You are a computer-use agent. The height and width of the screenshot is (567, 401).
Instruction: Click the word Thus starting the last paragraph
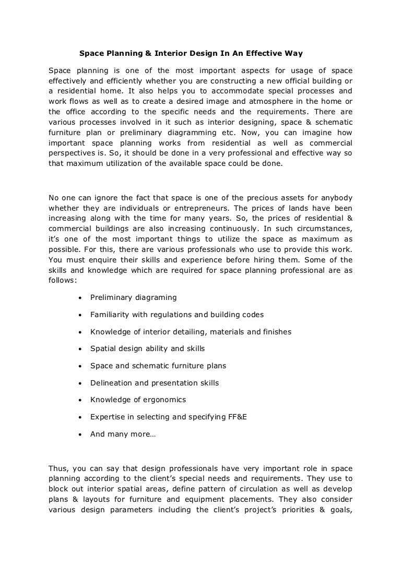coord(57,468)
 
